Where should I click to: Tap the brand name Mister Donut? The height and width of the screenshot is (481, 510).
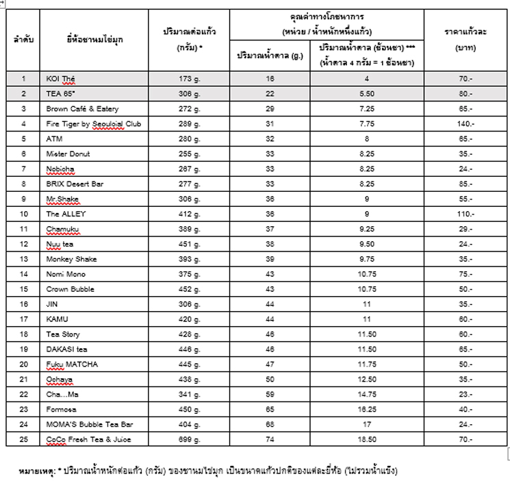pyautogui.click(x=68, y=154)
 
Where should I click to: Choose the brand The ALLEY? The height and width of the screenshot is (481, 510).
pyautogui.click(x=66, y=214)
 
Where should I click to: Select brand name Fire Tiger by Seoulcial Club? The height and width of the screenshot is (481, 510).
pyautogui.click(x=94, y=124)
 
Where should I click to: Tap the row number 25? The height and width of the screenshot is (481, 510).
pyautogui.click(x=24, y=439)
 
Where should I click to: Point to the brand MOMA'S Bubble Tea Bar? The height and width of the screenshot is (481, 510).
pyautogui.click(x=88, y=424)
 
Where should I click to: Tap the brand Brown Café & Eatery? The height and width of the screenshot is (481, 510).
pyautogui.click(x=82, y=109)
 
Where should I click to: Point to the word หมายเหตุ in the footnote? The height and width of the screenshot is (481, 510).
pyautogui.click(x=37, y=471)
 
